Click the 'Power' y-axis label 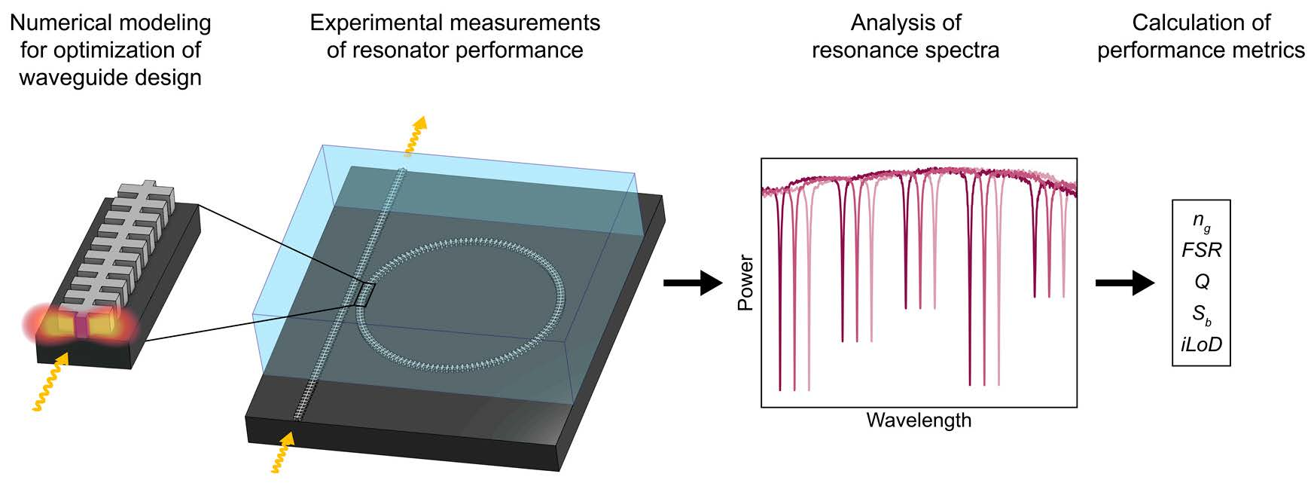[x=745, y=283]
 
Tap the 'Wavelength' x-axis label [x=919, y=420]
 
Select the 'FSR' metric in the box [x=1201, y=249]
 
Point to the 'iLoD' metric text [x=1201, y=345]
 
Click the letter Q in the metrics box [x=1202, y=282]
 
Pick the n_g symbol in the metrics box [x=1201, y=222]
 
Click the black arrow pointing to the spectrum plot [x=692, y=283]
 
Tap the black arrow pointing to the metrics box [x=1124, y=283]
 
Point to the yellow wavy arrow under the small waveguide [x=50, y=384]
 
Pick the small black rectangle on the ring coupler [x=365, y=295]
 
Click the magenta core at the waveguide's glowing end [x=81, y=326]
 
